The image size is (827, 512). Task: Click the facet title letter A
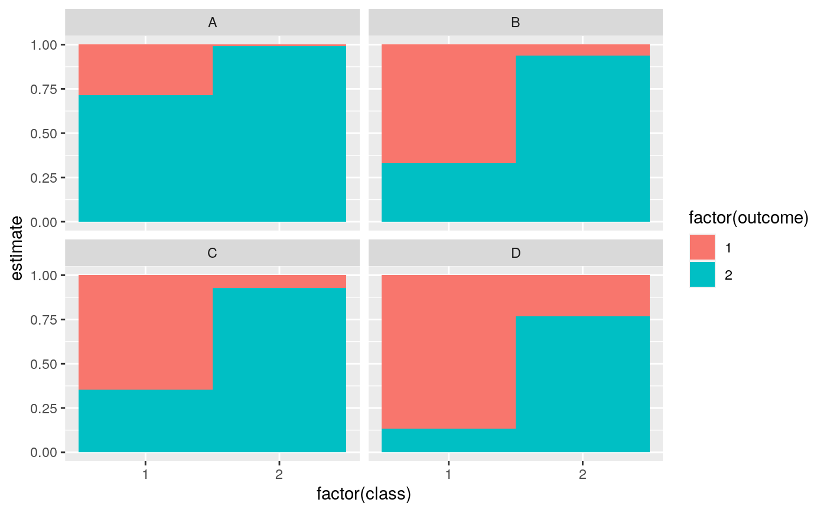(x=212, y=23)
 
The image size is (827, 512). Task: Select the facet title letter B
(x=516, y=23)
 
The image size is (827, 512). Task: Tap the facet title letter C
(x=212, y=253)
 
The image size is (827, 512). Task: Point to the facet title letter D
(x=516, y=253)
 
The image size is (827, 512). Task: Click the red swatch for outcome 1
(x=702, y=247)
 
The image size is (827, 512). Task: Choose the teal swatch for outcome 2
(x=702, y=274)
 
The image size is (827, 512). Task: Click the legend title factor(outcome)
(x=748, y=218)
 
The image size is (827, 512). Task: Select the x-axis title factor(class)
(x=363, y=494)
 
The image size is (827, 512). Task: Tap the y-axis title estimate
(x=18, y=248)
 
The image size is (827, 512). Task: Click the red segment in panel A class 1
(x=145, y=70)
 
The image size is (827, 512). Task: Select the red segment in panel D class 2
(x=582, y=296)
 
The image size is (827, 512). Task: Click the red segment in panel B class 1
(x=448, y=103)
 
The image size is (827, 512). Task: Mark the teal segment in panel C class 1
(x=145, y=421)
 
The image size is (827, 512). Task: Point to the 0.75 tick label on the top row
(x=44, y=89)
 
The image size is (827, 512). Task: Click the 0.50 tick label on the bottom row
(x=44, y=364)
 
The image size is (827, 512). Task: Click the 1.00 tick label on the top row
(x=44, y=45)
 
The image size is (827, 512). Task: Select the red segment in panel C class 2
(x=279, y=281)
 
